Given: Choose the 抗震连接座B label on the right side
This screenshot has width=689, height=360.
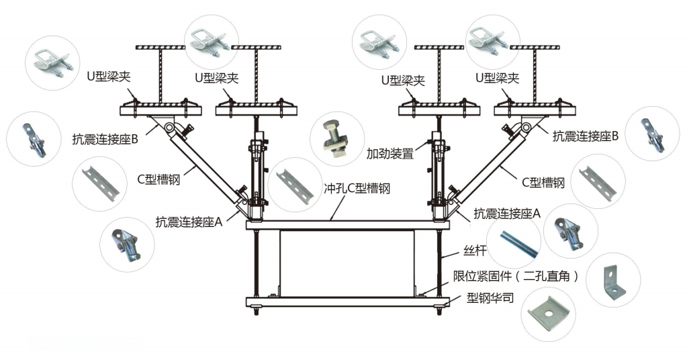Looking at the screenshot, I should point(585,136).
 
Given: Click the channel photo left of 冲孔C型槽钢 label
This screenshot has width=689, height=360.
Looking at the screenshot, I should point(295,181).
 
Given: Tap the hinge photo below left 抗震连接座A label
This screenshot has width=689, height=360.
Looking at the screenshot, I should point(128,242).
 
